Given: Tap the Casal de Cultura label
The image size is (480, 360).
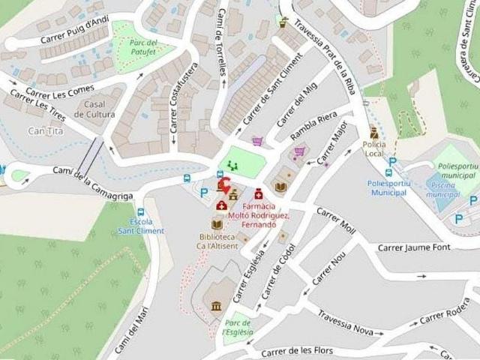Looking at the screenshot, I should point(100,109).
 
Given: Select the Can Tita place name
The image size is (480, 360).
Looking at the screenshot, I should point(45,131).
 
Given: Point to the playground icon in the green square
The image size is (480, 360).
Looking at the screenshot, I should point(232,166).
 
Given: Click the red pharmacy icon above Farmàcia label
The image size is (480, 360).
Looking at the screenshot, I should point(259,193).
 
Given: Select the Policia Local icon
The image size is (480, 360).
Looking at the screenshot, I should point(373,131).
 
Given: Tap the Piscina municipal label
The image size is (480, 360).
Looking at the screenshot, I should point(442,190).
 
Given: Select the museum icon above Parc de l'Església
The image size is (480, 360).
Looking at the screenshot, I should point(217,306).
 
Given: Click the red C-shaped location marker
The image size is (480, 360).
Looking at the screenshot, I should point(223,185).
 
